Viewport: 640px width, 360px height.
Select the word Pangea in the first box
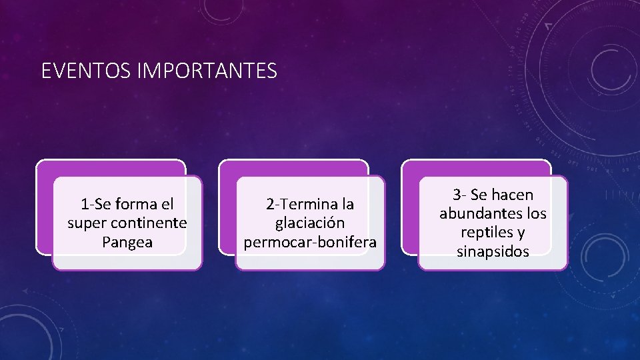click(x=127, y=242)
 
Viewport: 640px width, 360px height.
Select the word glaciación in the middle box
click(x=310, y=223)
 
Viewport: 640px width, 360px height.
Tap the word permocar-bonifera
click(x=310, y=242)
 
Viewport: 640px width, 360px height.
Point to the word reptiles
click(x=484, y=233)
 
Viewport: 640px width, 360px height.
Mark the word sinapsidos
click(x=493, y=251)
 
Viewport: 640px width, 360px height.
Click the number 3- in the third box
click(x=459, y=195)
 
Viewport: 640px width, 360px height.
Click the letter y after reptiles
click(x=520, y=233)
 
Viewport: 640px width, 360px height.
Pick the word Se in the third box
click(x=478, y=195)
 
